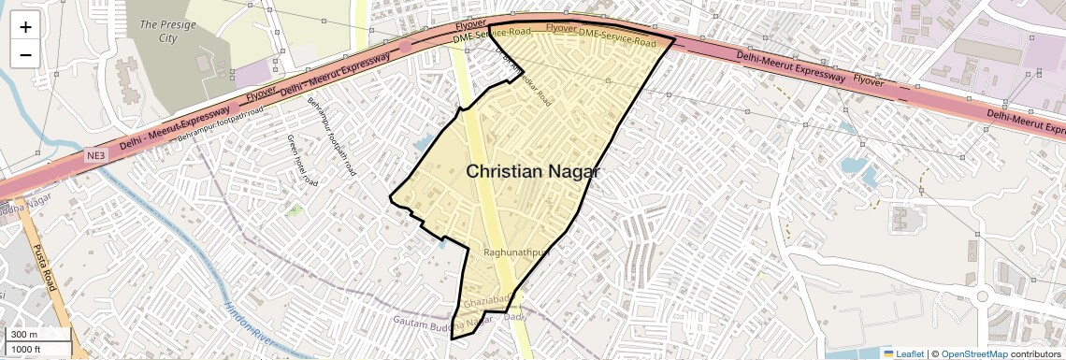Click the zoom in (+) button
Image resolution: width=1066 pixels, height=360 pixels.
(25, 26)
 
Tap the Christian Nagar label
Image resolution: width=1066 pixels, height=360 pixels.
(532, 172)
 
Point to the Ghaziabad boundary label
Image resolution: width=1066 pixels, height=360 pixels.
(485, 302)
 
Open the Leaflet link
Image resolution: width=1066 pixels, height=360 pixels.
(903, 353)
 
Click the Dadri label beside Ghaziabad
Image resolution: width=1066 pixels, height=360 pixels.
(515, 317)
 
